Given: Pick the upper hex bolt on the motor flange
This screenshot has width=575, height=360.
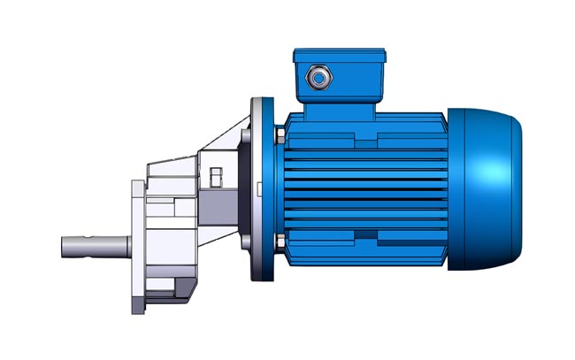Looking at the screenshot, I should click(x=280, y=135).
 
